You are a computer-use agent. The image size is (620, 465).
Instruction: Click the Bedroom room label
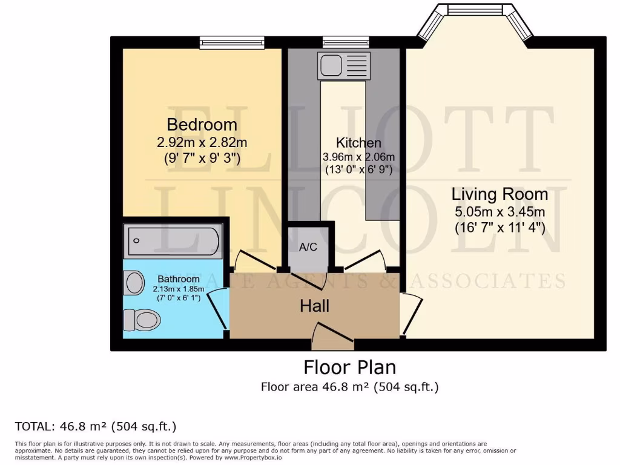(x=202, y=125)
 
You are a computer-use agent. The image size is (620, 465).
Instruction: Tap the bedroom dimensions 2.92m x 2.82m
(x=202, y=143)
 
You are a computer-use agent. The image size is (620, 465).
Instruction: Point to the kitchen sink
(x=344, y=64)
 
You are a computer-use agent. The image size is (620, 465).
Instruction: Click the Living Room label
(x=500, y=194)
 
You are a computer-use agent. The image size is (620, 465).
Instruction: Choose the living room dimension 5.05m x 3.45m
(x=500, y=212)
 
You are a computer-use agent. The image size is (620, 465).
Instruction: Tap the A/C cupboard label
(x=308, y=247)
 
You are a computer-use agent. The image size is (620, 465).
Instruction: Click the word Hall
(x=315, y=306)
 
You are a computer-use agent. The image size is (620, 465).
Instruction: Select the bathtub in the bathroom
(x=173, y=241)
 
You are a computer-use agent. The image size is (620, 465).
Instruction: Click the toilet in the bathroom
(x=141, y=319)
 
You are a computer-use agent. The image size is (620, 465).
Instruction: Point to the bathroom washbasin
(x=134, y=283)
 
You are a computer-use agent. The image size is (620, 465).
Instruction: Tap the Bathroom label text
(x=179, y=279)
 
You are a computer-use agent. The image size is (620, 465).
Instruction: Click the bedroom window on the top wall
(x=232, y=42)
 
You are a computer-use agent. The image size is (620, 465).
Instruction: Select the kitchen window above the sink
(x=346, y=42)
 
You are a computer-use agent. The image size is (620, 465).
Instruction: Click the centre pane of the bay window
(x=475, y=10)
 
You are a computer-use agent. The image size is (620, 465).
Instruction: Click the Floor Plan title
(x=349, y=368)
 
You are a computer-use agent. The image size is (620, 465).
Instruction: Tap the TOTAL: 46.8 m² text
(x=95, y=426)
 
